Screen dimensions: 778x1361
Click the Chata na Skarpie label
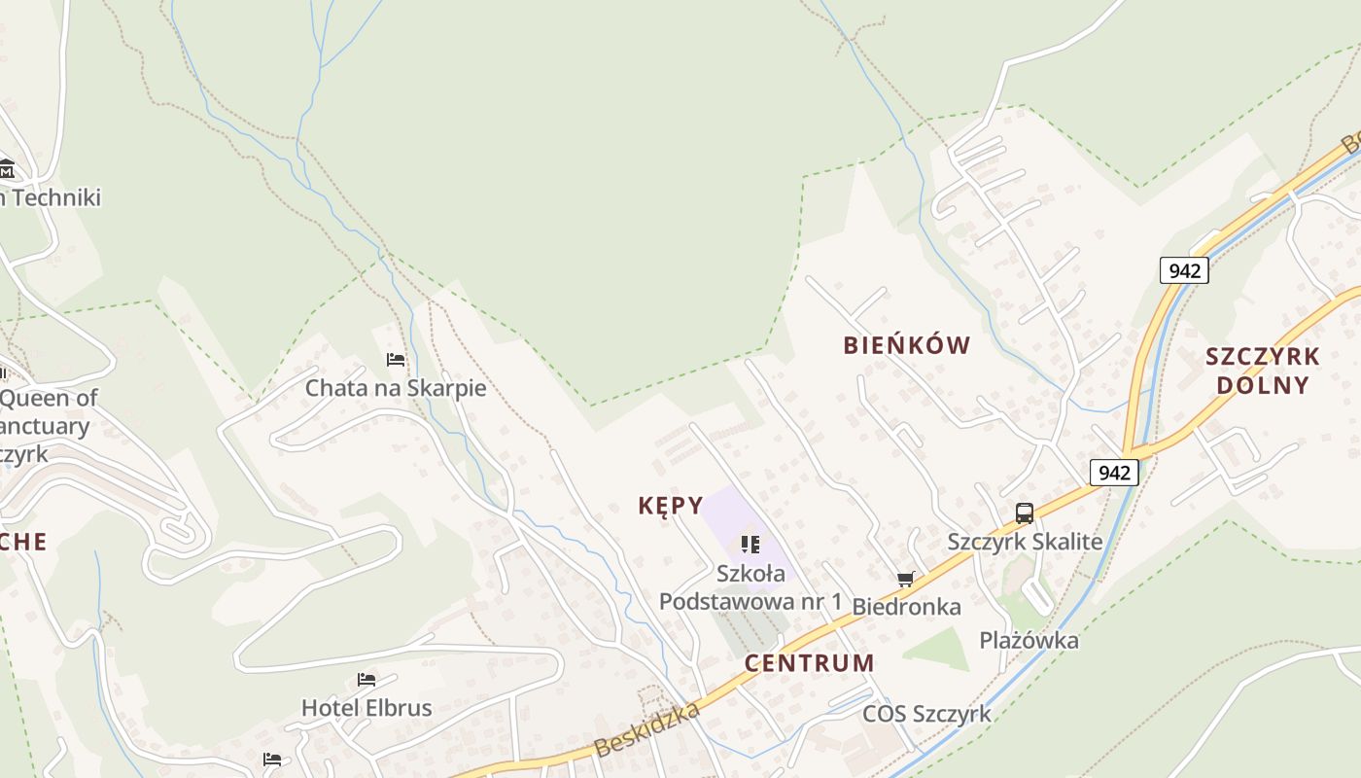(396, 388)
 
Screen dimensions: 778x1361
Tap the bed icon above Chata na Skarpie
(396, 360)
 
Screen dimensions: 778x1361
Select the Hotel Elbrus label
(366, 707)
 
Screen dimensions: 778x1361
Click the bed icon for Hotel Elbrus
(366, 679)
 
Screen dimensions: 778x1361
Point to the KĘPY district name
(670, 506)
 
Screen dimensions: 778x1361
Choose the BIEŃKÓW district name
(907, 345)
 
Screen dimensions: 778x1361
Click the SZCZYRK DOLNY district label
(1263, 371)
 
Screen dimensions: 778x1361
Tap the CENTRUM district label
(810, 663)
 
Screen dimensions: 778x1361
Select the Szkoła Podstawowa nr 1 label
(750, 587)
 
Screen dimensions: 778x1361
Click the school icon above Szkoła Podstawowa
(750, 545)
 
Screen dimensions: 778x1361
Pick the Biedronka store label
(906, 607)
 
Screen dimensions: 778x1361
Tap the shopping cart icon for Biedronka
(906, 580)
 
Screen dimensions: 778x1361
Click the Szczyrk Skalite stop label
(1025, 542)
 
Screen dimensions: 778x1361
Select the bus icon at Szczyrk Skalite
(1025, 513)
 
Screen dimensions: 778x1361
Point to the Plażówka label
(1029, 641)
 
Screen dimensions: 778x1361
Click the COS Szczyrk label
(926, 714)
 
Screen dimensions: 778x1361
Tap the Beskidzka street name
(646, 730)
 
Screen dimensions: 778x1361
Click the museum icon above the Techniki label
(6, 168)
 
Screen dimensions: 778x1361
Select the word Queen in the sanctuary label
(35, 398)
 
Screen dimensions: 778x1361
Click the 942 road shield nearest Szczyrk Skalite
(1114, 473)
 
